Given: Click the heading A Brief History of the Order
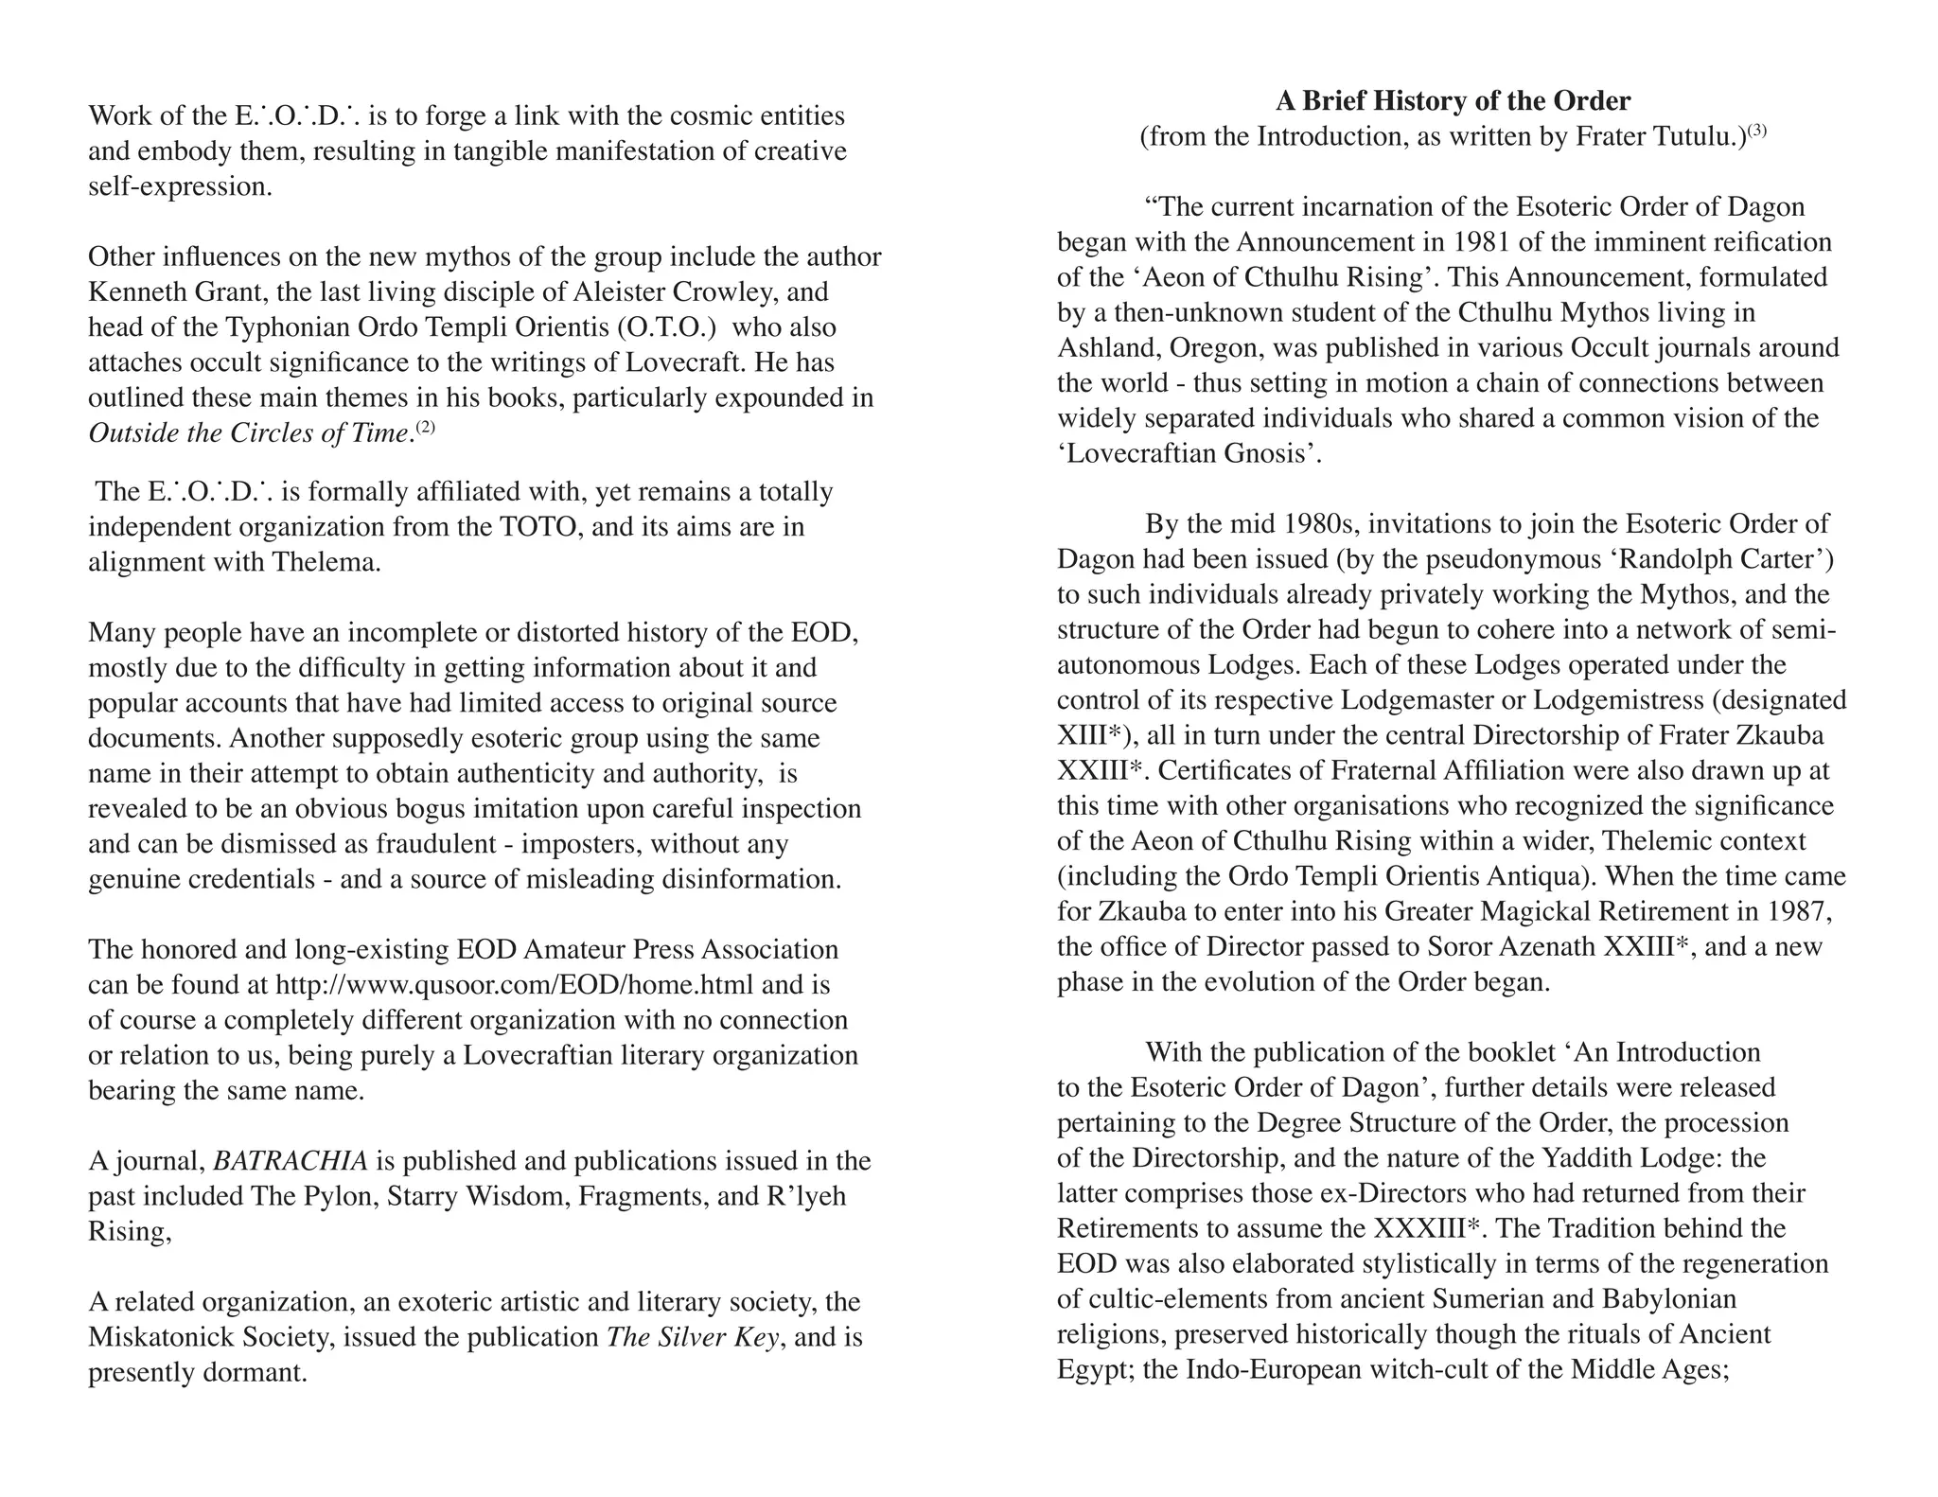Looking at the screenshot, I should (1453, 100).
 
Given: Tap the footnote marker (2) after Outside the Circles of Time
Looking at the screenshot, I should (426, 427).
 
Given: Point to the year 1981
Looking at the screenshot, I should (1478, 242).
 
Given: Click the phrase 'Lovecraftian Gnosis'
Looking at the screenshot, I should (1189, 454).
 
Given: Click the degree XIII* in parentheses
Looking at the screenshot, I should (1088, 735).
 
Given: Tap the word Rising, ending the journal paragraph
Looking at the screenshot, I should (130, 1231).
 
